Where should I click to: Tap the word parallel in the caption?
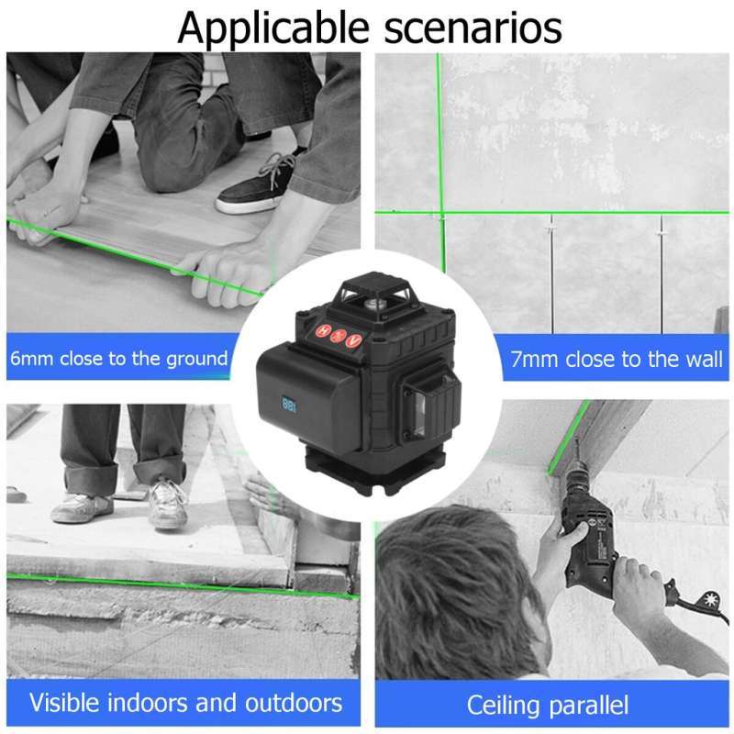(587, 706)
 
